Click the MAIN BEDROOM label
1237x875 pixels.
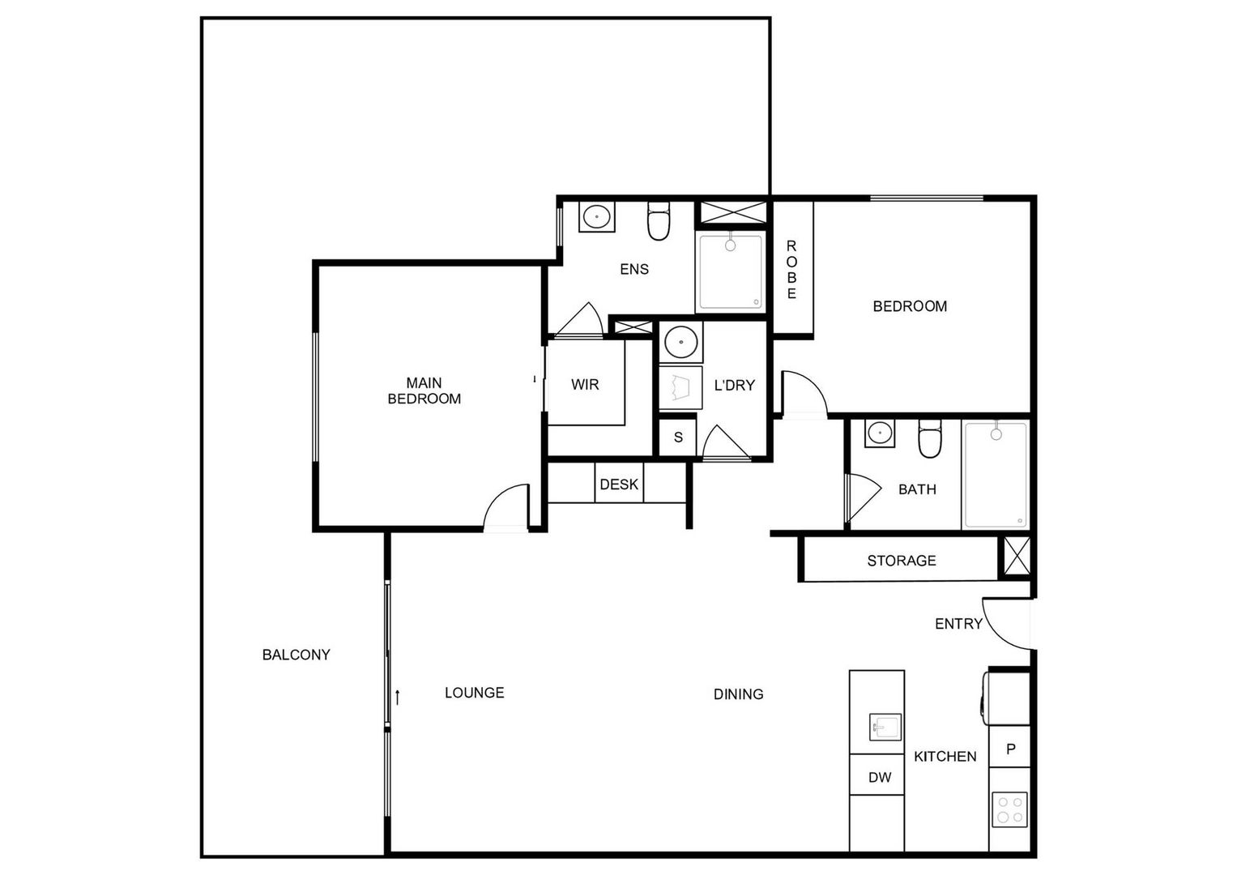coord(424,391)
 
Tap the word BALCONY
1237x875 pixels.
coord(296,655)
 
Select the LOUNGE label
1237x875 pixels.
coord(474,693)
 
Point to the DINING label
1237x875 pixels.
coord(738,694)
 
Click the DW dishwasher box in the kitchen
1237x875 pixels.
coord(879,778)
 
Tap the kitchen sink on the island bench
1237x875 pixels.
coord(885,725)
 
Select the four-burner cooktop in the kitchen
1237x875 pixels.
coord(1009,809)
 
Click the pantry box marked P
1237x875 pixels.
coord(1010,749)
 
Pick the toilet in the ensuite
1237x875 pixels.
coord(659,221)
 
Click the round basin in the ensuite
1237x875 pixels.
coord(597,217)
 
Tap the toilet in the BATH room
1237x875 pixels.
coord(929,439)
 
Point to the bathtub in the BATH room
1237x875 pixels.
coord(996,475)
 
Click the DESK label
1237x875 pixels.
coord(619,484)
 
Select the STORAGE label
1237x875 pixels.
coord(901,561)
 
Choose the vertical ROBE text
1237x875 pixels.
coord(791,269)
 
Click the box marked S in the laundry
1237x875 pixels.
coord(678,437)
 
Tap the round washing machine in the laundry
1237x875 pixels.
coord(681,342)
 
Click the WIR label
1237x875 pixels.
coord(585,384)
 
